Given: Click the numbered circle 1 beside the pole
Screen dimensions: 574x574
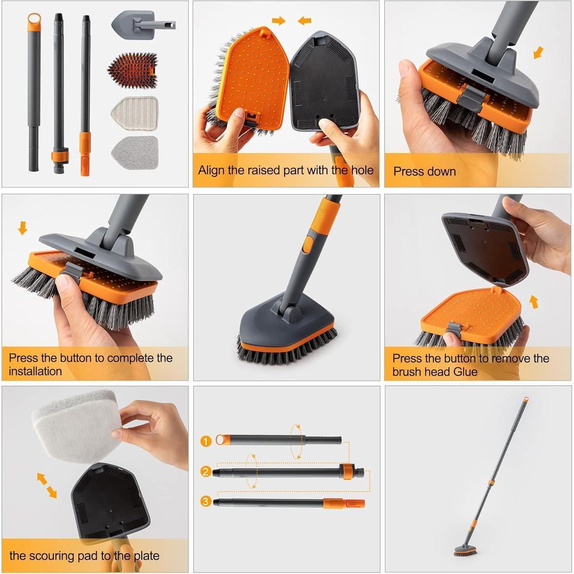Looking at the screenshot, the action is click(206, 441).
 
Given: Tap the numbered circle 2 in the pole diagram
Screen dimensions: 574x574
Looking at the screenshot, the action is click(206, 471).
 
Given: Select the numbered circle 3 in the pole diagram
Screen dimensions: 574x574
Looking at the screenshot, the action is click(206, 501).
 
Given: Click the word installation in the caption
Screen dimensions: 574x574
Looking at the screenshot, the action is click(35, 371).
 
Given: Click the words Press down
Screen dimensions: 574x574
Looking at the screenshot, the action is click(424, 171).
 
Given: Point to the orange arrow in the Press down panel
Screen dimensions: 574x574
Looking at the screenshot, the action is click(538, 52).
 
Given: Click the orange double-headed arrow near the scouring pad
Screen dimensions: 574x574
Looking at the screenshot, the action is click(47, 485).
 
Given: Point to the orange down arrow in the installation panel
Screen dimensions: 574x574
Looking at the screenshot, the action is click(23, 229).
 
